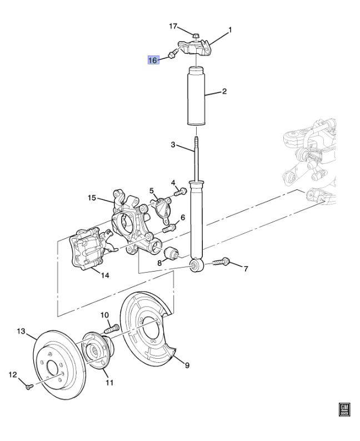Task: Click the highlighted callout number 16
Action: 153,60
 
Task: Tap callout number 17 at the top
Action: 173,26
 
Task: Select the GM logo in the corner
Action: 344,410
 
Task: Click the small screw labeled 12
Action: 29,387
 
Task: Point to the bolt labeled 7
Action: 221,262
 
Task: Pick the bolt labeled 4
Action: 181,192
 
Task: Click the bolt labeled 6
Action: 170,228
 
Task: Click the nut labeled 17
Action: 196,36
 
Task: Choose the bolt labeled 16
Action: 173,53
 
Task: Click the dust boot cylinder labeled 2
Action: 196,96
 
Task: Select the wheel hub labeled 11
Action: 97,350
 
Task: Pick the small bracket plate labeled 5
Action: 161,209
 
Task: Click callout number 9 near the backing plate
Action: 187,365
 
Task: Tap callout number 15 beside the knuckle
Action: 92,198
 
